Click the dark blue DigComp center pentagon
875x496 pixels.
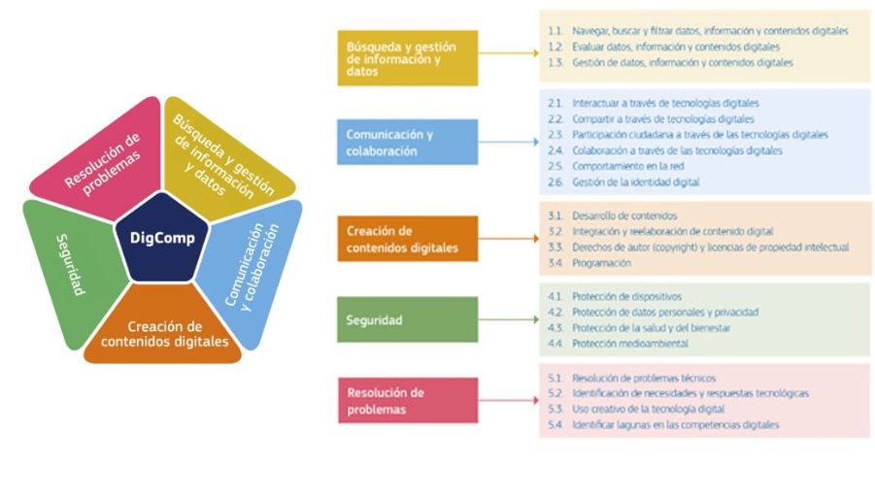(x=161, y=237)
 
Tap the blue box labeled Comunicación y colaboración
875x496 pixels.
(x=408, y=143)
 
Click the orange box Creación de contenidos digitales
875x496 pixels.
(x=408, y=239)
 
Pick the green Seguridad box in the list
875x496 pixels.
(x=408, y=320)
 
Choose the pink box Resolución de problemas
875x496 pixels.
(x=408, y=400)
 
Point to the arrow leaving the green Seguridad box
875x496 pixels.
(x=507, y=320)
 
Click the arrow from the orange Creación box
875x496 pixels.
(x=507, y=239)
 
